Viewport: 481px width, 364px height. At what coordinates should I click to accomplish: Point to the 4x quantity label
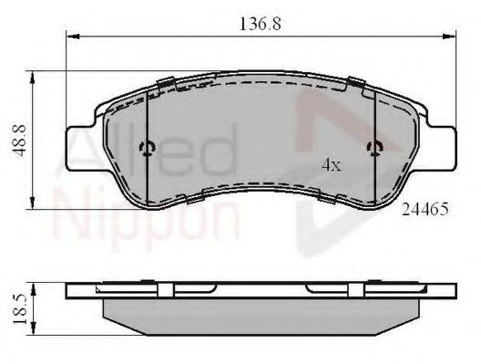tap(331, 165)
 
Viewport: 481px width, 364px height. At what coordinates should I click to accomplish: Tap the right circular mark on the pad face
tap(374, 150)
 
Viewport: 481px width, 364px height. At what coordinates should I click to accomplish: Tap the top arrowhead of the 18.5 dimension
tap(36, 286)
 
